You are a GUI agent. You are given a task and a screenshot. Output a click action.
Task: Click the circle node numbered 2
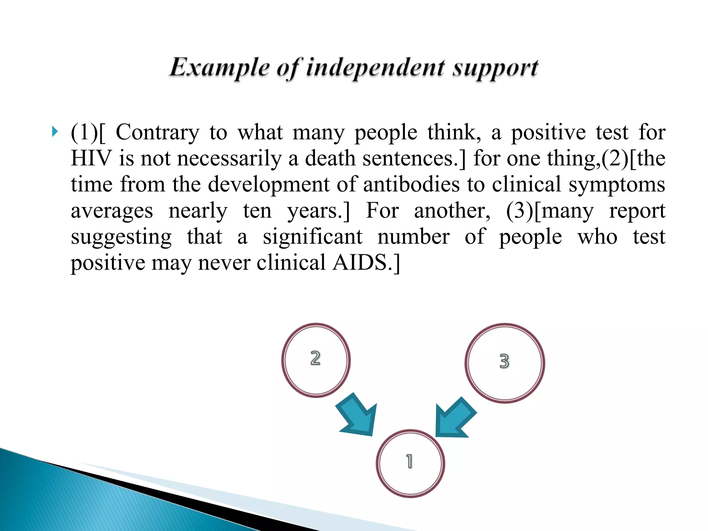point(316,360)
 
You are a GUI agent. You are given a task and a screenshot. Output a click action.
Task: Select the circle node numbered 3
point(505,363)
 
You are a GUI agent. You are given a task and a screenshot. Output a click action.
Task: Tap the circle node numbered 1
point(410,463)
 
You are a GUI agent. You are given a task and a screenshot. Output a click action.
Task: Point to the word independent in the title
point(375,68)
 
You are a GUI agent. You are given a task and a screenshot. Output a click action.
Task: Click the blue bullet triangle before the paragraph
point(55,132)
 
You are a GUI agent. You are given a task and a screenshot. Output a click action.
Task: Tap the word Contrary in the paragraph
point(157,133)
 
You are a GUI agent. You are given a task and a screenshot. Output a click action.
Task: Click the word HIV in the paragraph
point(91,159)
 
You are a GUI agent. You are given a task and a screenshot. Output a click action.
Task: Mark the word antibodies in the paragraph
point(411,185)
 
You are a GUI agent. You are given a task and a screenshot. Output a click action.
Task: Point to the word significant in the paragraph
point(313,237)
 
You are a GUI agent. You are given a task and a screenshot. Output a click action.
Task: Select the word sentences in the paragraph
point(409,159)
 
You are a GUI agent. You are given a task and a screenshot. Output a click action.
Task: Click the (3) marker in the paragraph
point(520,211)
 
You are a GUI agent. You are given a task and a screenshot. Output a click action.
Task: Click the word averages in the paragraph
point(112,211)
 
